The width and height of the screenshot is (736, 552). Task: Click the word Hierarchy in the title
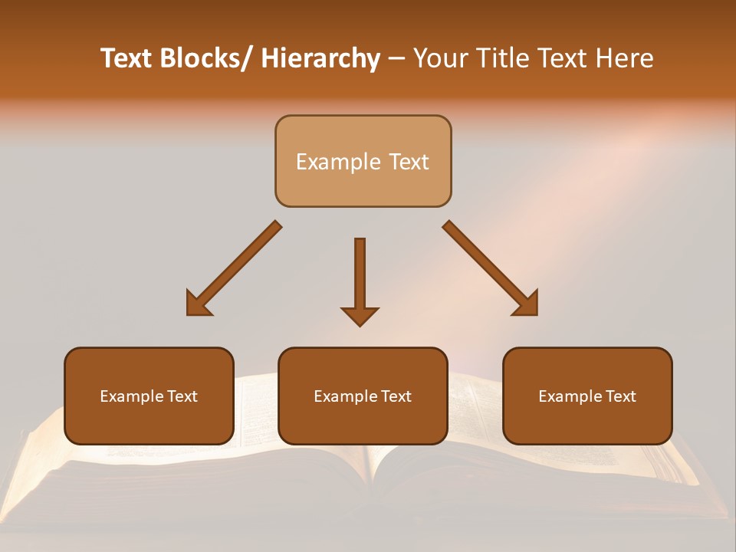pyautogui.click(x=320, y=58)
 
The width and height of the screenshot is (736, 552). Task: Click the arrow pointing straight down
pyautogui.click(x=360, y=276)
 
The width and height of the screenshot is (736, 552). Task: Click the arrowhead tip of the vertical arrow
pyautogui.click(x=360, y=324)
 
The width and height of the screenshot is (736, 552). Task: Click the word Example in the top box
pyautogui.click(x=337, y=162)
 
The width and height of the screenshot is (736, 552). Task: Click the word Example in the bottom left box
pyautogui.click(x=131, y=396)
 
